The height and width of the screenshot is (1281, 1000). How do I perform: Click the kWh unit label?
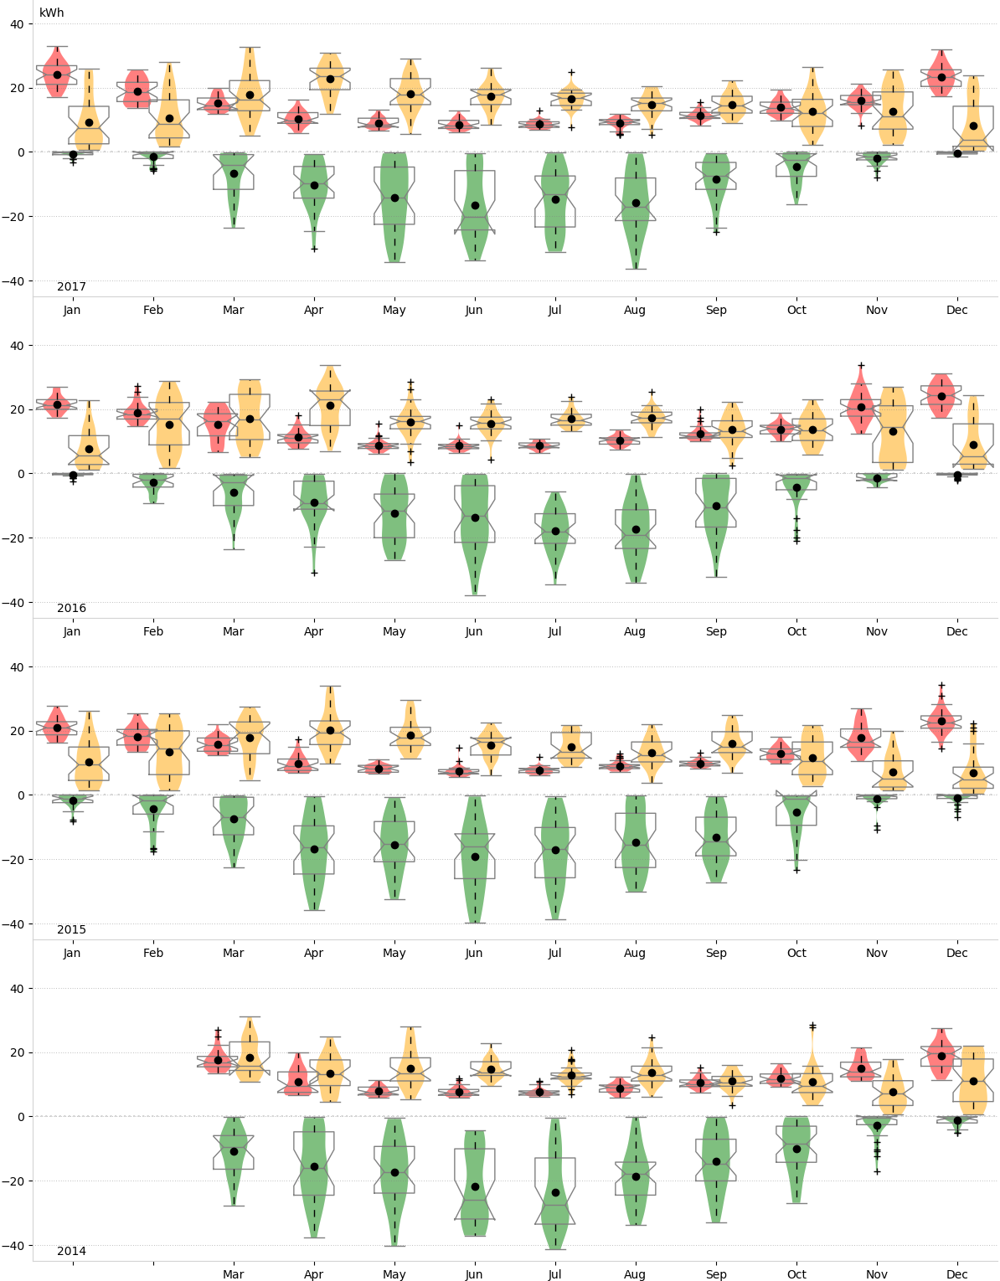pos(51,13)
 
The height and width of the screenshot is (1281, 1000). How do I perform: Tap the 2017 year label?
pos(71,287)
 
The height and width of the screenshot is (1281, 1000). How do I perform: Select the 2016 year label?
pos(71,609)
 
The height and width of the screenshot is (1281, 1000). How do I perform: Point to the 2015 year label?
pos(71,930)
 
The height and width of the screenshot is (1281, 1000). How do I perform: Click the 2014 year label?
pos(71,1252)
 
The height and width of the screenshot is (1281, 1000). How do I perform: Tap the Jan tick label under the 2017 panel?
pos(72,310)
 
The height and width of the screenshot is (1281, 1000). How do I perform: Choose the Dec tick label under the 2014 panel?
pos(956,1274)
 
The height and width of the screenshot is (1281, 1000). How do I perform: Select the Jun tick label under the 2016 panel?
pos(474,631)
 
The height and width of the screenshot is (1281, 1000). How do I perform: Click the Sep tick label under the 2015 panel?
pos(716,953)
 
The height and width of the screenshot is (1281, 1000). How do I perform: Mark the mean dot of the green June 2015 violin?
pos(475,857)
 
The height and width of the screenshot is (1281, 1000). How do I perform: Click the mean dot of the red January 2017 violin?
pos(57,75)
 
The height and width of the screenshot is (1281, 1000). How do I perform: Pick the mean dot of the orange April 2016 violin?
pos(330,405)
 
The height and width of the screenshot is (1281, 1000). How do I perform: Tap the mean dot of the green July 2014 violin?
pos(555,1192)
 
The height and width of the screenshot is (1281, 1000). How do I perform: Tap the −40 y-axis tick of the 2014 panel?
pos(17,1245)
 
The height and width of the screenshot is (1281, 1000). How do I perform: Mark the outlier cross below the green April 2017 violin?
pos(314,249)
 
